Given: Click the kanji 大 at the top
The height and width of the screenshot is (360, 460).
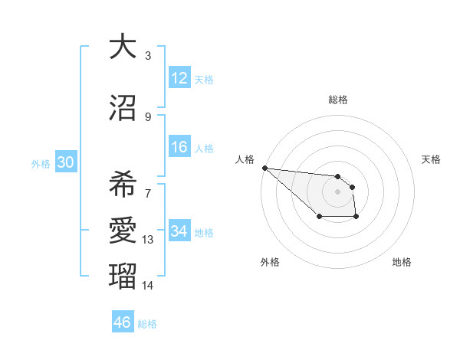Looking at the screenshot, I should [122, 47].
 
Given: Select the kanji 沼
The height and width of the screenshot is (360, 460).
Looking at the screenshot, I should [122, 108].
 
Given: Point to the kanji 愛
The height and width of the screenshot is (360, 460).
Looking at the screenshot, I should [122, 230].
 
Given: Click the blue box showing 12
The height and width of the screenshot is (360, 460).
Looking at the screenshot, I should [179, 78].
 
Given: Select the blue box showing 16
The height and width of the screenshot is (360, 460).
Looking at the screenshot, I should [179, 147].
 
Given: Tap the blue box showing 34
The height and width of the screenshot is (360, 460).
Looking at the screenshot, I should [179, 231].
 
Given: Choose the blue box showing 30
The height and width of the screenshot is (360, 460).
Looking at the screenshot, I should [65, 162].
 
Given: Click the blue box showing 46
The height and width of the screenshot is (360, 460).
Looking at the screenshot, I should [123, 322].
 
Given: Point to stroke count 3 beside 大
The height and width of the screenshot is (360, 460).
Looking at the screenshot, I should [148, 56].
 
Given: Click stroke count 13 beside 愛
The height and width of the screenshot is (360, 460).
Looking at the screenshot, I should [148, 240].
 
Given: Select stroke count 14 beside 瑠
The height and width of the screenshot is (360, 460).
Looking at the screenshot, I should [148, 286].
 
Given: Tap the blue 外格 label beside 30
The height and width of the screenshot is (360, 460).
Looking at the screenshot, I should [41, 163].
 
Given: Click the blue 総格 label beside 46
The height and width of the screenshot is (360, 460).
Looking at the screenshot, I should [147, 324].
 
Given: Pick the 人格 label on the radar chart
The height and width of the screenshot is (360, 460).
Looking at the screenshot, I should [245, 159].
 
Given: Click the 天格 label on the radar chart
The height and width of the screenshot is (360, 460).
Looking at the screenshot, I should [431, 159].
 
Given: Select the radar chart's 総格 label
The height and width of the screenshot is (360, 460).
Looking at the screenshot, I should [338, 100].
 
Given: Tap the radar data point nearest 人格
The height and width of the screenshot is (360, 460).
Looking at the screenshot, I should [264, 168].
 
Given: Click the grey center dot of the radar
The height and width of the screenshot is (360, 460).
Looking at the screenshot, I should [338, 191].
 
